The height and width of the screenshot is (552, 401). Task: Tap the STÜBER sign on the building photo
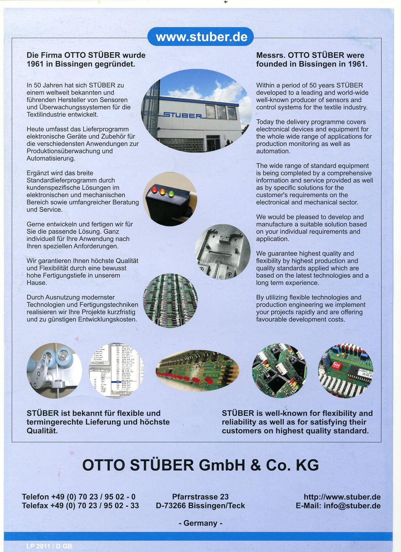pos(182,115)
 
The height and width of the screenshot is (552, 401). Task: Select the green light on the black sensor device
pos(171,193)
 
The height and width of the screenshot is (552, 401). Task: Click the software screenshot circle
pos(116,371)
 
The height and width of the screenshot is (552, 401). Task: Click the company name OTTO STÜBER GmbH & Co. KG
pos(200,465)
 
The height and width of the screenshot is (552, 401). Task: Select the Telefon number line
pos(79,497)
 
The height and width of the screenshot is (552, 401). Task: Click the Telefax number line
pos(80,506)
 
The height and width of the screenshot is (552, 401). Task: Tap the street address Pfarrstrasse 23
pos(200,497)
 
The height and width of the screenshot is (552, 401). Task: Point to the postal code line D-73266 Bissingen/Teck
pos(200,506)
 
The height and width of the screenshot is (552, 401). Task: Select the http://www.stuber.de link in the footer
pos(342,497)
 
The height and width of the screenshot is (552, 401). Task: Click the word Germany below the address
pos(200,523)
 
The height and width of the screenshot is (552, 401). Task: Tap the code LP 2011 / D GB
pos(49,546)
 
